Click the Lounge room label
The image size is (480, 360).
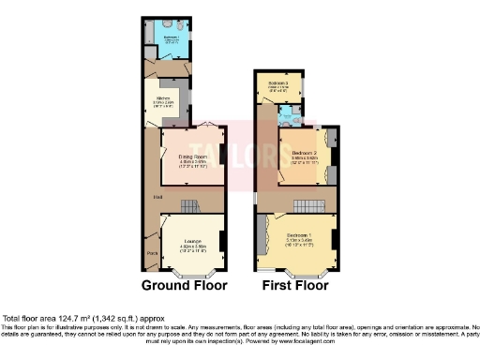(x=192, y=241)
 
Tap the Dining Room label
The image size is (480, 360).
(x=193, y=156)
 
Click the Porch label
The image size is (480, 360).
(x=151, y=253)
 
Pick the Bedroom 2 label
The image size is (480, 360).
(x=305, y=152)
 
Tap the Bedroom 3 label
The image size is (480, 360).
(x=277, y=83)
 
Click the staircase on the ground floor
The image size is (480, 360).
(x=190, y=205)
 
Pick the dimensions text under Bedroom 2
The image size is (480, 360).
(x=305, y=159)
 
